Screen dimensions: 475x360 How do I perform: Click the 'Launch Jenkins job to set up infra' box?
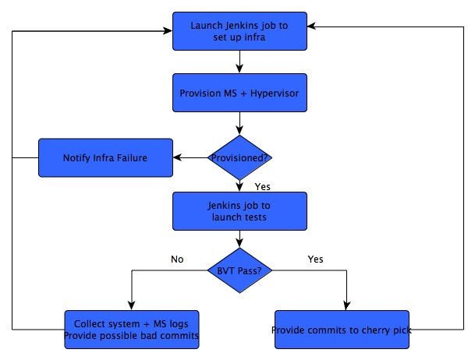239,31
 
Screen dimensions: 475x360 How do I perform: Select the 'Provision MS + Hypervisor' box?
239,93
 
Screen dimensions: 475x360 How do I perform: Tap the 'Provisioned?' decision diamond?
239,157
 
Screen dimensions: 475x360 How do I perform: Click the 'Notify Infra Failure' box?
105,157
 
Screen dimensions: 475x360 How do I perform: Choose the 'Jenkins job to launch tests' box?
239,211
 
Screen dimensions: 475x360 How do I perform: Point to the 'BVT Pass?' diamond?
239,270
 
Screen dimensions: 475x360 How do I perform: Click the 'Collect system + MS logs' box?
132,330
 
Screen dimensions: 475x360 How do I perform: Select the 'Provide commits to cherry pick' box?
342,330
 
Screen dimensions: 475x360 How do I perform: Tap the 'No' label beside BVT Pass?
177,259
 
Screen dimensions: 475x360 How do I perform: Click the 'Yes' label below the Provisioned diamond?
263,187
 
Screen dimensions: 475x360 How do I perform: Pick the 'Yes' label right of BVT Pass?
315,259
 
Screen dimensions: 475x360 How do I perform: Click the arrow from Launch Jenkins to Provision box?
239,62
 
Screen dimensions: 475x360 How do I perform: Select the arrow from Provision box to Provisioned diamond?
239,123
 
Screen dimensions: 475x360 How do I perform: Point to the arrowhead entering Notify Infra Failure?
177,157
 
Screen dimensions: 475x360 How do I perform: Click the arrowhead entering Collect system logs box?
132,306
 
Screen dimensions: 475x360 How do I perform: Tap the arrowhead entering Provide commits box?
346,306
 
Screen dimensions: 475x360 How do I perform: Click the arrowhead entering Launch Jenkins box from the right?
312,26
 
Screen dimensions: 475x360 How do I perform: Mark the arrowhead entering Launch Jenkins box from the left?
168,31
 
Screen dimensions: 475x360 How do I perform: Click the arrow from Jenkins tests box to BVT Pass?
239,239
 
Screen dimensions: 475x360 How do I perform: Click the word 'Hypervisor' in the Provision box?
275,94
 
